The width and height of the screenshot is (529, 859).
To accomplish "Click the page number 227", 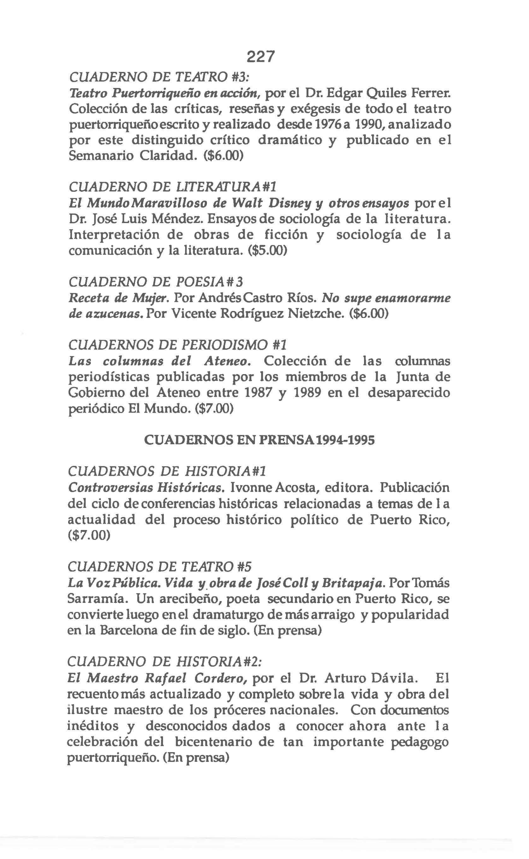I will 261,56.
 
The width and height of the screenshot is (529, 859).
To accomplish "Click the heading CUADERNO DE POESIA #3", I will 156,282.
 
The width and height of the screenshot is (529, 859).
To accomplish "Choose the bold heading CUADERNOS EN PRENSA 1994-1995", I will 259,440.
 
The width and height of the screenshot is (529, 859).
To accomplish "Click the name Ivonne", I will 251,487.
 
